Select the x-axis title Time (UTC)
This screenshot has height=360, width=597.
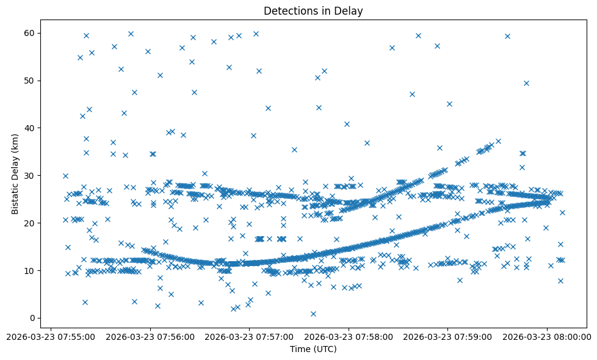(x=313, y=350)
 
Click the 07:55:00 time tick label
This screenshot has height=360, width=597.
(x=51, y=336)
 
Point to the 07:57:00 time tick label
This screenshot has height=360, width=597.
(x=249, y=336)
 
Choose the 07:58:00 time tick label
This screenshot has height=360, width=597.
(x=349, y=336)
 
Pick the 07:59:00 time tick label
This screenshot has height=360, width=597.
(x=447, y=336)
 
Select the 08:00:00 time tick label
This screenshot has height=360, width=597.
(x=547, y=336)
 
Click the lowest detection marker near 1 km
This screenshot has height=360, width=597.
(x=313, y=314)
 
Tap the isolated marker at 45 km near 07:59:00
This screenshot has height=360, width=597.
(x=449, y=104)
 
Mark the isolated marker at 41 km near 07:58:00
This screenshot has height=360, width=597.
(x=347, y=124)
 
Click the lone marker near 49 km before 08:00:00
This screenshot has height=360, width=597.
(x=526, y=83)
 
